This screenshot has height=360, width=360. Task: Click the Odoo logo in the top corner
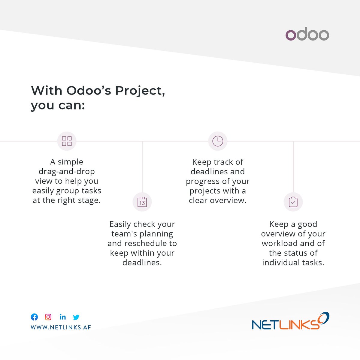click(x=307, y=34)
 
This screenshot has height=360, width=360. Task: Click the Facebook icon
click(x=34, y=317)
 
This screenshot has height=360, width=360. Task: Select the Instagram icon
click(x=48, y=317)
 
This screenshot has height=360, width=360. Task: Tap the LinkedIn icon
click(x=62, y=317)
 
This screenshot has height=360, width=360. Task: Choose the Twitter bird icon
click(x=76, y=317)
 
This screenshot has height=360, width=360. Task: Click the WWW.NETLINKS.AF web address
click(x=61, y=327)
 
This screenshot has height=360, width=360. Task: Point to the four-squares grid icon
click(x=67, y=141)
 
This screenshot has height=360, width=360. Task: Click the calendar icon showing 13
click(x=142, y=202)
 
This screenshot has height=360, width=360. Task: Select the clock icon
click(x=218, y=141)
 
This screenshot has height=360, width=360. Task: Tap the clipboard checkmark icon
click(x=293, y=202)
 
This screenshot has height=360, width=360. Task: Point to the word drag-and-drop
click(x=67, y=172)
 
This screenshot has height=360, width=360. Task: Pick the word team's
click(x=125, y=234)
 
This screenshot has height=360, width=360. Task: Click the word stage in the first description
click(x=90, y=200)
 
